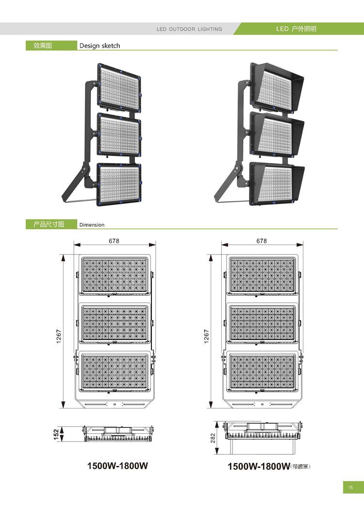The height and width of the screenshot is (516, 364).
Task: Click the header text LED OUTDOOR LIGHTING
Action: click(189, 29)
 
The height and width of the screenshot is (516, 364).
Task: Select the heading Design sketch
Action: click(99, 46)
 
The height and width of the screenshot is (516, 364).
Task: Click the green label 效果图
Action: click(42, 46)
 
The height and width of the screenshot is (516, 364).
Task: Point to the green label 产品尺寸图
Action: click(49, 224)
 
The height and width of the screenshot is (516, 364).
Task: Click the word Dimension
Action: click(92, 225)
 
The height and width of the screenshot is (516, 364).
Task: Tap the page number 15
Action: click(350, 488)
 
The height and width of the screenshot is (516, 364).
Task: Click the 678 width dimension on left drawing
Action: click(114, 241)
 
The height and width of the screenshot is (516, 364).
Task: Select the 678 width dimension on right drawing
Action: click(262, 241)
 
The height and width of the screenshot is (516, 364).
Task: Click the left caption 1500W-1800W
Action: click(117, 466)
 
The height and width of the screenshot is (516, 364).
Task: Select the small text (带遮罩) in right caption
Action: click(300, 467)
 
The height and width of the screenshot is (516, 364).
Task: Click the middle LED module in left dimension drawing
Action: click(114, 323)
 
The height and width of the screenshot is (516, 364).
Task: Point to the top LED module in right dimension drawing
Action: click(262, 275)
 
